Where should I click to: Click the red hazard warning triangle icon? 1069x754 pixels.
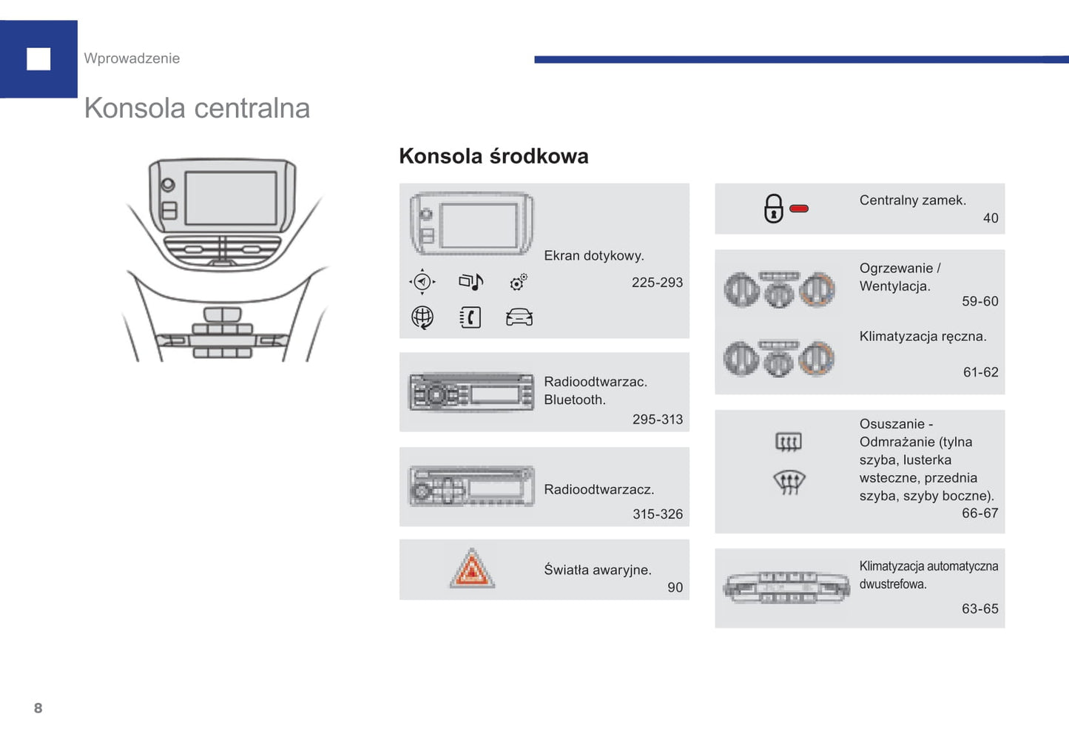pyautogui.click(x=472, y=570)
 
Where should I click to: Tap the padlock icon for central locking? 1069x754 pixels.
pyautogui.click(x=773, y=209)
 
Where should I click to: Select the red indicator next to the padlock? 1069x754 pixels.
pyautogui.click(x=799, y=209)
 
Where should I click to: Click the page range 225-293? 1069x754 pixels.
pyautogui.click(x=657, y=283)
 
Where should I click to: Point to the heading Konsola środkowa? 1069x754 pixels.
pyautogui.click(x=493, y=156)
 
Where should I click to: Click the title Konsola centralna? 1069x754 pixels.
pyautogui.click(x=197, y=108)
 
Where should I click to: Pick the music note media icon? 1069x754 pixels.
pyautogui.click(x=471, y=281)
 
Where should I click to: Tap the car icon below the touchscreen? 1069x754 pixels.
pyautogui.click(x=519, y=317)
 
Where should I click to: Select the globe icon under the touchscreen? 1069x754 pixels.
pyautogui.click(x=422, y=317)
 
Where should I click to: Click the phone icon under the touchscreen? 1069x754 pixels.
pyautogui.click(x=471, y=317)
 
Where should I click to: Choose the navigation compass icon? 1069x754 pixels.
pyautogui.click(x=422, y=282)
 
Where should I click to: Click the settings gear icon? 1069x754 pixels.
pyautogui.click(x=519, y=281)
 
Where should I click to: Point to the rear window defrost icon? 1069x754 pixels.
pyautogui.click(x=789, y=442)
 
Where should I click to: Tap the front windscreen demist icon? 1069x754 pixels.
pyautogui.click(x=789, y=482)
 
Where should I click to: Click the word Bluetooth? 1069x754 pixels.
pyautogui.click(x=574, y=400)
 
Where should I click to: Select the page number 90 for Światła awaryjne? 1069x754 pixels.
pyautogui.click(x=675, y=588)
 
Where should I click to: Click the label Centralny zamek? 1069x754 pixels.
pyautogui.click(x=912, y=201)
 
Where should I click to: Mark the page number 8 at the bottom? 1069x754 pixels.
pyautogui.click(x=38, y=708)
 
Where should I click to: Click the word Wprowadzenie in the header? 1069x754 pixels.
pyautogui.click(x=132, y=58)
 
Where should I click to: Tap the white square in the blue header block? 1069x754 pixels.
pyautogui.click(x=38, y=59)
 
